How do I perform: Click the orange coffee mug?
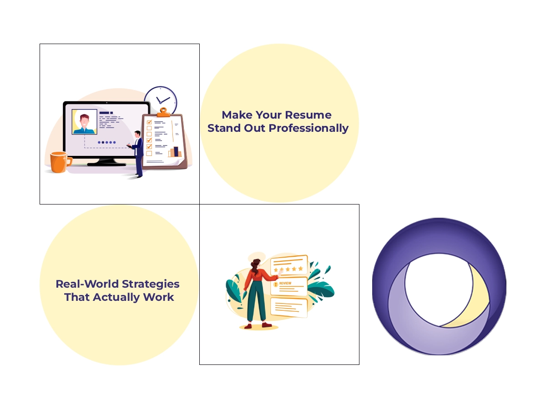pos(60,162)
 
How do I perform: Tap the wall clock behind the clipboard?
pos(161,100)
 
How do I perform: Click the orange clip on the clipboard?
pos(164,112)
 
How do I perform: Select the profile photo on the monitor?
pos(84,122)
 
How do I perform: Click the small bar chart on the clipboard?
pos(175,152)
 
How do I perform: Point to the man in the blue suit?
pos(138,152)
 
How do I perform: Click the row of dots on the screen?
pos(107,142)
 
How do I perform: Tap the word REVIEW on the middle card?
pos(285,283)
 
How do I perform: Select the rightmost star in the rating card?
pos(300,269)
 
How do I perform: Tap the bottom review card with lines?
pos(288,307)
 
